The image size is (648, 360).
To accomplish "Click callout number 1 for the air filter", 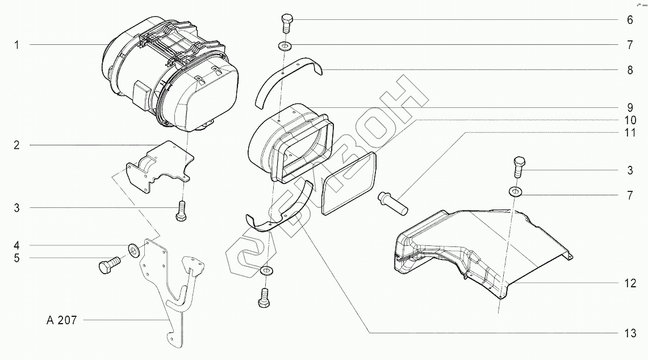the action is pos(17,45).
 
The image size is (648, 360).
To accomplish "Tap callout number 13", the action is pos(631,333).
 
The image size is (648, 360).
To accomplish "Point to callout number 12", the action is pos(631,283).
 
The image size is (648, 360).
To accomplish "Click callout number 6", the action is pos(630,20).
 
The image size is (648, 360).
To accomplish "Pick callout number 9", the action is pos(630,107).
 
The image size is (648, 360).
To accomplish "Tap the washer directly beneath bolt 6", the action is pos(283,45).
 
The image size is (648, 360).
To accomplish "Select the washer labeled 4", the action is pos(134,249).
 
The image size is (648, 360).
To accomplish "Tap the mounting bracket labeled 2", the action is pos(159,164).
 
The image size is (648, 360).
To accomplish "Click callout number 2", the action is pos(17,145).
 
